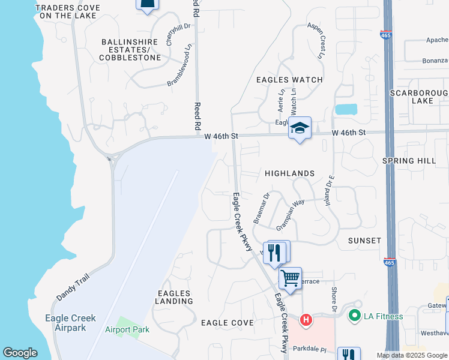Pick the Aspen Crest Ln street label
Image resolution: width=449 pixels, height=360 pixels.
tap(316, 40)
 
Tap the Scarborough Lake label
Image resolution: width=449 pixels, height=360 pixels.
tap(419, 97)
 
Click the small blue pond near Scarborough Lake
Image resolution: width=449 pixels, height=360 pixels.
tap(346, 109)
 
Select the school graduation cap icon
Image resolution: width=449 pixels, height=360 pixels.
tap(300, 128)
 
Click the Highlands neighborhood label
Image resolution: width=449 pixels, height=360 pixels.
tap(290, 173)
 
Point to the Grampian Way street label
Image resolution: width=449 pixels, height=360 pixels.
tap(291, 215)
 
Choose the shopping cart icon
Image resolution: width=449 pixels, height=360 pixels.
tap(290, 278)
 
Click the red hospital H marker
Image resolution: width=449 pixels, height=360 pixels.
tap(306, 320)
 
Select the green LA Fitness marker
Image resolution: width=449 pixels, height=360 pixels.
tap(354, 315)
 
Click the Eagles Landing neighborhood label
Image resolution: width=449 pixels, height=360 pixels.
tap(173, 297)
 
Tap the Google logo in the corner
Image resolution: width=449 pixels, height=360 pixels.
tap(20, 353)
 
